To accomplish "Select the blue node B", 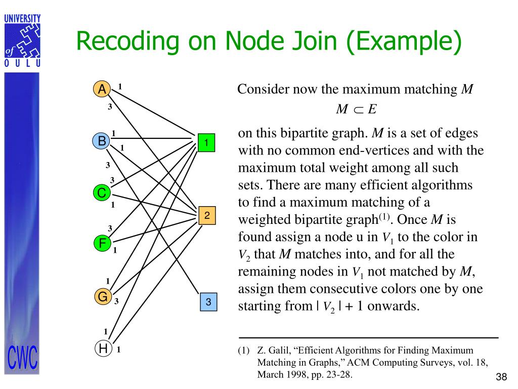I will click(102, 141).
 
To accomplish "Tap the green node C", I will click(102, 193).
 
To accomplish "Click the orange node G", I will click(102, 297).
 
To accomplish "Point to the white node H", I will click(103, 348).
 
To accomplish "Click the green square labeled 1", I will click(206, 143).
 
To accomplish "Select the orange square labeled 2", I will click(207, 216).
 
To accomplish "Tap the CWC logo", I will click(22, 359).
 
